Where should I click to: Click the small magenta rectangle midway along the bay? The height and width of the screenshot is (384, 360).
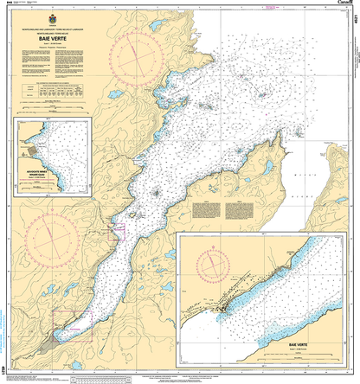tap(119, 232)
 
